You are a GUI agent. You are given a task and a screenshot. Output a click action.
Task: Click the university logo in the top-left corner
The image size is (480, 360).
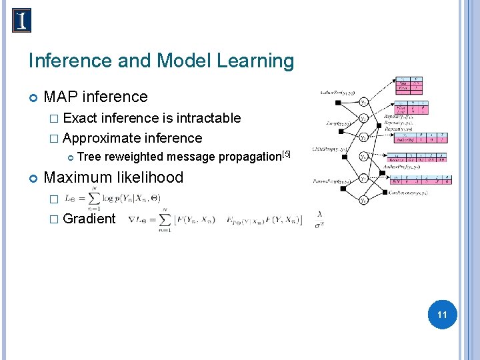(21, 21)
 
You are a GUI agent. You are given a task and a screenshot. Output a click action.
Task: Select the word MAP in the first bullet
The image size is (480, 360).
(59, 97)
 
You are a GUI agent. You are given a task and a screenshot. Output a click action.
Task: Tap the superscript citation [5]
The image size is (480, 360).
(287, 154)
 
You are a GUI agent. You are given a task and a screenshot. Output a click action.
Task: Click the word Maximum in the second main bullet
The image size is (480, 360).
(78, 177)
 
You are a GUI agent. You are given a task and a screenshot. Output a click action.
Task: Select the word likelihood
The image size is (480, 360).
(151, 177)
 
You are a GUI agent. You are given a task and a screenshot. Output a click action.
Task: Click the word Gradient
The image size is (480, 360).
(89, 219)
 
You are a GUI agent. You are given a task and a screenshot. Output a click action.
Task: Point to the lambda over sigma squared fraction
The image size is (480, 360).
(321, 219)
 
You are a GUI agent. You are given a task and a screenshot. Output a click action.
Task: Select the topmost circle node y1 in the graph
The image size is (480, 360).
(364, 102)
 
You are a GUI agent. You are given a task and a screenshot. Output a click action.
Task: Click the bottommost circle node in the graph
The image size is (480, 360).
(364, 199)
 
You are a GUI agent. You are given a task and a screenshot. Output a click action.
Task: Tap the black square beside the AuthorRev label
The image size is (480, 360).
(339, 102)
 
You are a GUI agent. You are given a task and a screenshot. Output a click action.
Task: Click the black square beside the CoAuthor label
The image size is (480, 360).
(387, 192)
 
